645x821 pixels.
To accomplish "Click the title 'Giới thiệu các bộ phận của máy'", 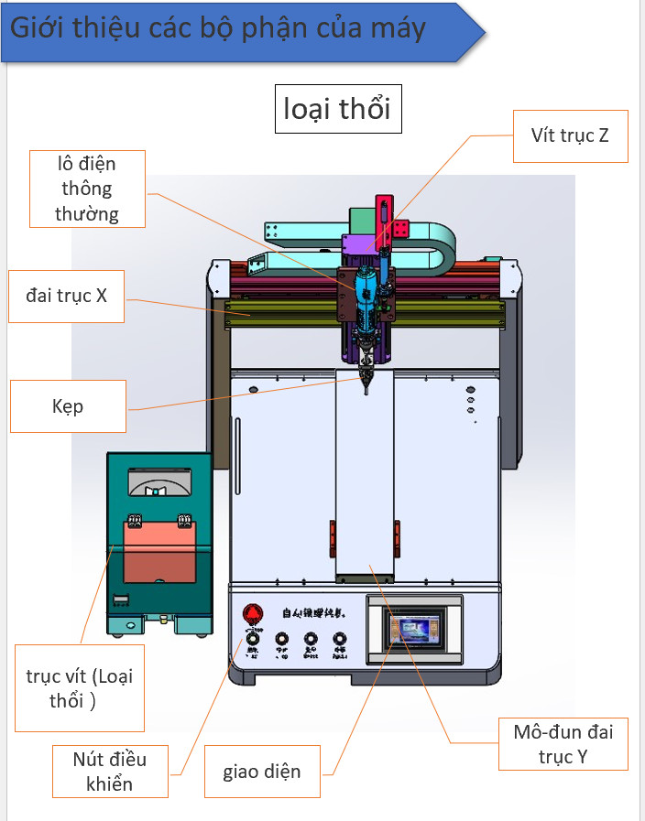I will coord(218,28).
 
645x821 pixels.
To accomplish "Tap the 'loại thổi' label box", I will coord(337,109).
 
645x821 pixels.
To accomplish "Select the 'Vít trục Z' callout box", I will coord(570,135).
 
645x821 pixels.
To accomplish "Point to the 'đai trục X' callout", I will coord(67,296).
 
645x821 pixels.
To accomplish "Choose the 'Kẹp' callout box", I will coord(68,405).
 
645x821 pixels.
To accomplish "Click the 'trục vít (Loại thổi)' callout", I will coord(80,687).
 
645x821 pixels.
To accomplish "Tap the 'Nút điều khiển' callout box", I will coord(110,770).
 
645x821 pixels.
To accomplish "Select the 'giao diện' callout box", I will coord(261,771).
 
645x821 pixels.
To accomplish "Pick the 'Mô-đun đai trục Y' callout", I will coord(563,743).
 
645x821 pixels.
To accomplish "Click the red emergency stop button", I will coord(252,613).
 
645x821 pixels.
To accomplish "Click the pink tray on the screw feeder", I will coord(159,549).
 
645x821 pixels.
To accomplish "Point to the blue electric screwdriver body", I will coord(366,293).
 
